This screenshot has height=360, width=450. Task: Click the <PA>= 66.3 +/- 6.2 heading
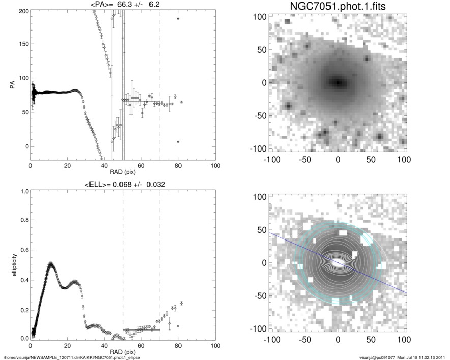123,4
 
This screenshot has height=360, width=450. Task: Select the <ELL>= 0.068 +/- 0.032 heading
123,184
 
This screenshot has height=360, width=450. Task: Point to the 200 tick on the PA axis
22,11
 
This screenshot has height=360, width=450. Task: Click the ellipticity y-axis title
11,264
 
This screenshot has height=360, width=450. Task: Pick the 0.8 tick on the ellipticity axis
22,221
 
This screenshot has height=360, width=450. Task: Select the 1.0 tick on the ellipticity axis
22,192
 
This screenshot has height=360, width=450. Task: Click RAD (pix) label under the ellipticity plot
123,352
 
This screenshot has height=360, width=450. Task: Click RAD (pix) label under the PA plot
123,172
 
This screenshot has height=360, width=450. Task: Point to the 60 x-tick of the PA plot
141,166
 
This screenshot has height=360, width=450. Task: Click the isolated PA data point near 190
178,18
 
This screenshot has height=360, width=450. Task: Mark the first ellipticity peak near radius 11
51,264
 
